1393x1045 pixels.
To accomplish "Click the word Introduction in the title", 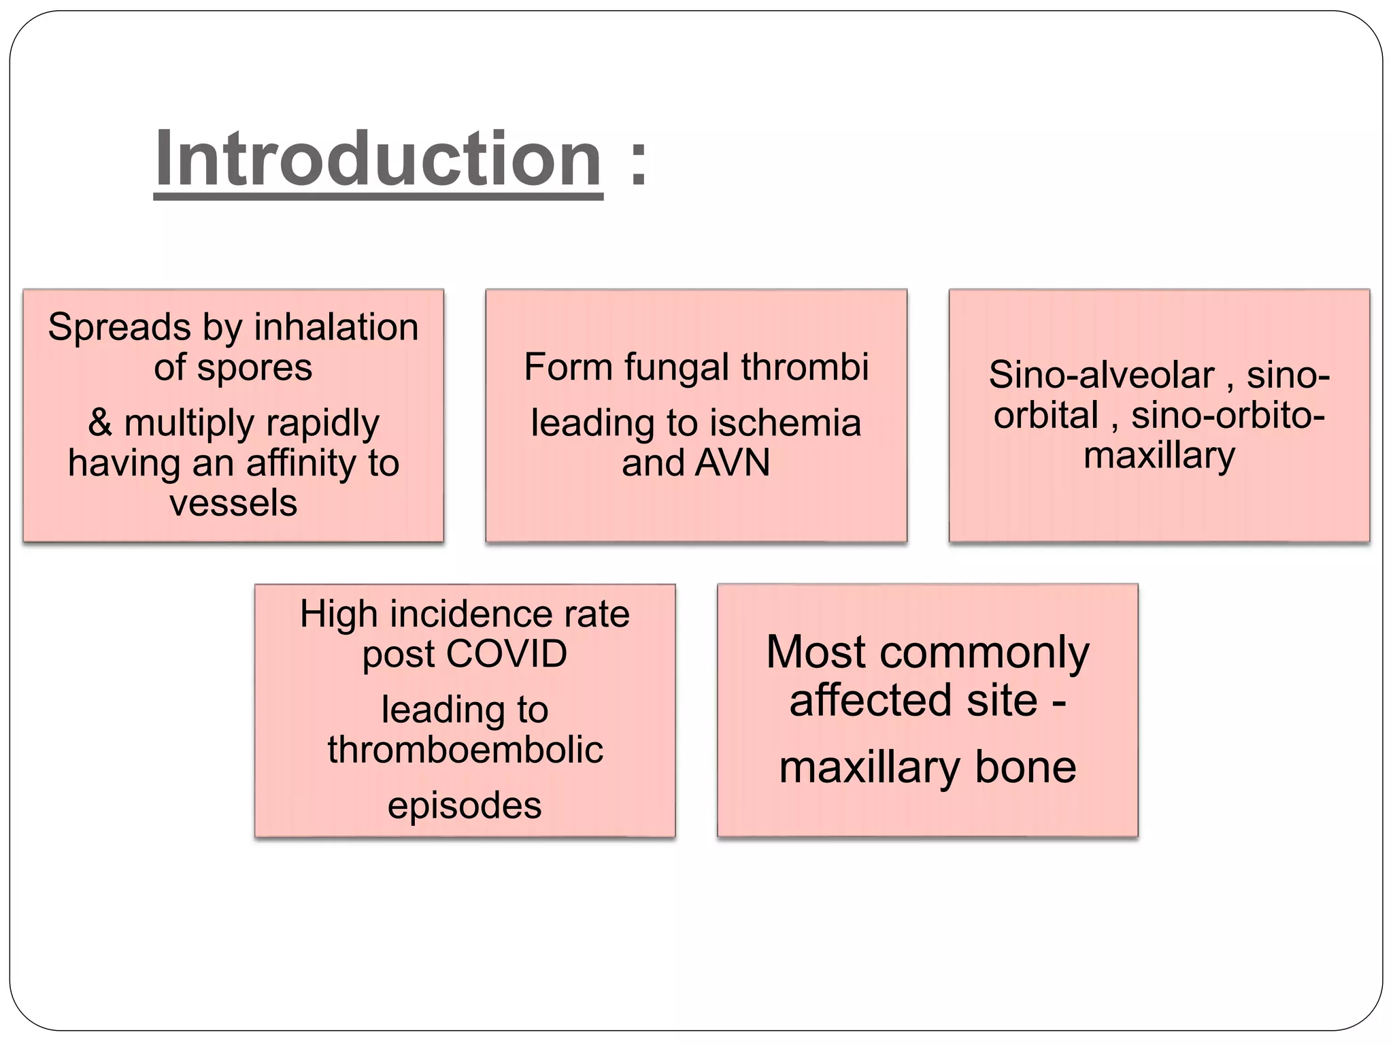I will (378, 159).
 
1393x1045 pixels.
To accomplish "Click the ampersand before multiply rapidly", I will (100, 422).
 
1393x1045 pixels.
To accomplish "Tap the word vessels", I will (233, 503).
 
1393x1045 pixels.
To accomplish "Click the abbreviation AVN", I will (733, 463).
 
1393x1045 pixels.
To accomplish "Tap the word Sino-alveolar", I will (1101, 376).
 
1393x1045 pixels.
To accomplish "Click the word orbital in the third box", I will (1045, 415).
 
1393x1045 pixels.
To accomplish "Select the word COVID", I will (506, 654).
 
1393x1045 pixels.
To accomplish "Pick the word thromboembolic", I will (465, 750).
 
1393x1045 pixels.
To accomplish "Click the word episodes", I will (465, 806).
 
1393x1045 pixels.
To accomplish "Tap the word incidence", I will (464, 614).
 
